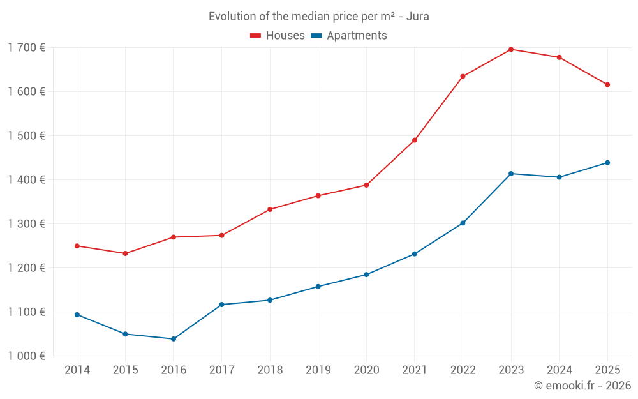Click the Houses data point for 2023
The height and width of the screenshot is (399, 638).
pyautogui.click(x=511, y=49)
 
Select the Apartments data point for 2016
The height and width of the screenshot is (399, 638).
pyautogui.click(x=174, y=339)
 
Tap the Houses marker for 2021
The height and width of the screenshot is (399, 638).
pyautogui.click(x=415, y=140)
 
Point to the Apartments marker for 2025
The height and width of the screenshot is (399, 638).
pyautogui.click(x=607, y=163)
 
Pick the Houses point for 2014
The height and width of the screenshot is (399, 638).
pyautogui.click(x=77, y=246)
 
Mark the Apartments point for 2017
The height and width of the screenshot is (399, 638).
pyautogui.click(x=221, y=305)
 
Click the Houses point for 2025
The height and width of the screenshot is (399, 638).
pyautogui.click(x=607, y=85)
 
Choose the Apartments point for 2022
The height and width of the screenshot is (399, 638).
pyautogui.click(x=463, y=223)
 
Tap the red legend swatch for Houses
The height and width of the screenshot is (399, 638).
pyautogui.click(x=255, y=36)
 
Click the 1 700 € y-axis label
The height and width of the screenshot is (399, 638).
pyautogui.click(x=26, y=48)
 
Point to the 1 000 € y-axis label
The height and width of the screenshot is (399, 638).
pyautogui.click(x=26, y=356)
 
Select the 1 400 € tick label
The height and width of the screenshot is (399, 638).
pyautogui.click(x=26, y=180)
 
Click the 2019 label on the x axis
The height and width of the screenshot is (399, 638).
pyautogui.click(x=318, y=370)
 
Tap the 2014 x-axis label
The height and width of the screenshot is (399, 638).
pyautogui.click(x=77, y=370)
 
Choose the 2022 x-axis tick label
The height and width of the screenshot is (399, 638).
pyautogui.click(x=463, y=370)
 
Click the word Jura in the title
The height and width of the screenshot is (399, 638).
pyautogui.click(x=417, y=17)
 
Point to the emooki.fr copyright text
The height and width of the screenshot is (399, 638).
pyautogui.click(x=582, y=386)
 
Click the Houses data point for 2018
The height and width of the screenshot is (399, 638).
pyautogui.click(x=270, y=209)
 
